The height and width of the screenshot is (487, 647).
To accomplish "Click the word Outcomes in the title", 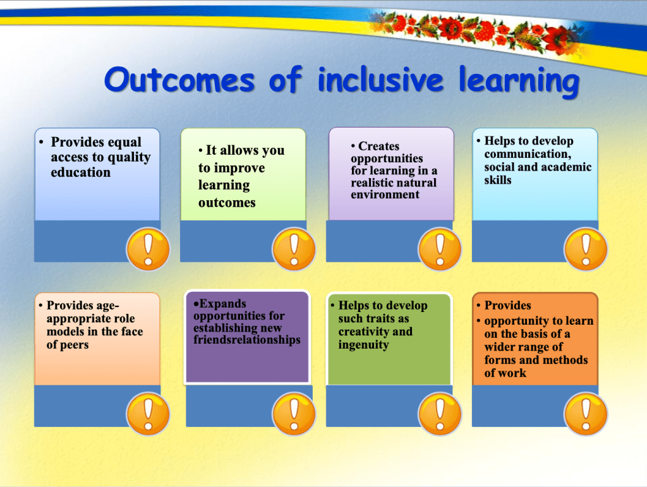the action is [x=179, y=79].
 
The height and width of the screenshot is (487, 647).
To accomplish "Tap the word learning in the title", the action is [x=519, y=81].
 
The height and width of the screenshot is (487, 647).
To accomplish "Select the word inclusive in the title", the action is [x=380, y=79].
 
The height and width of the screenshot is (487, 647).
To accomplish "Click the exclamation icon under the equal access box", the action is [x=148, y=249].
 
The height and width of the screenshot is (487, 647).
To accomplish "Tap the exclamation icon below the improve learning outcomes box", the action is [x=294, y=249].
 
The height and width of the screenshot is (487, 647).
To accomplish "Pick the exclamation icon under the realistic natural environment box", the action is [x=440, y=249].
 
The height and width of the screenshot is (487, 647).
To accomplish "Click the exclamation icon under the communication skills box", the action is [x=586, y=249].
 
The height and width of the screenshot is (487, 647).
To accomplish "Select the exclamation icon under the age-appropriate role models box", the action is [x=148, y=414].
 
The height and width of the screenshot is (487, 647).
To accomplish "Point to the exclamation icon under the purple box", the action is [x=294, y=414].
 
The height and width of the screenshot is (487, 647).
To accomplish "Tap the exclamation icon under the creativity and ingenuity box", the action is [x=440, y=414].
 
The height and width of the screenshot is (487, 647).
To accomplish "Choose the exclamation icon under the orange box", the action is [x=586, y=414].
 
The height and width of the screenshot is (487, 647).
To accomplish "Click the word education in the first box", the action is [x=80, y=172].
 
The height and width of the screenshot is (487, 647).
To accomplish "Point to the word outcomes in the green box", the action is [x=227, y=203].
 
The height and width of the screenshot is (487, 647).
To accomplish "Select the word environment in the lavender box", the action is [x=385, y=195].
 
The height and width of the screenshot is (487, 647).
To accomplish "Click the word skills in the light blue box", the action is [x=498, y=180].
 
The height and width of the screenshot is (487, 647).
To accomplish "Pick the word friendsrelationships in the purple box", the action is [x=247, y=340].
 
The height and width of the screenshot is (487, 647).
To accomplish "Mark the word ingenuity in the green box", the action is [x=363, y=345].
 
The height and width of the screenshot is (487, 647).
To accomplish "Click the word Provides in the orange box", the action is [x=507, y=305].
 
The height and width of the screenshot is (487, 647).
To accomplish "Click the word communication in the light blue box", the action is [x=528, y=154].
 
